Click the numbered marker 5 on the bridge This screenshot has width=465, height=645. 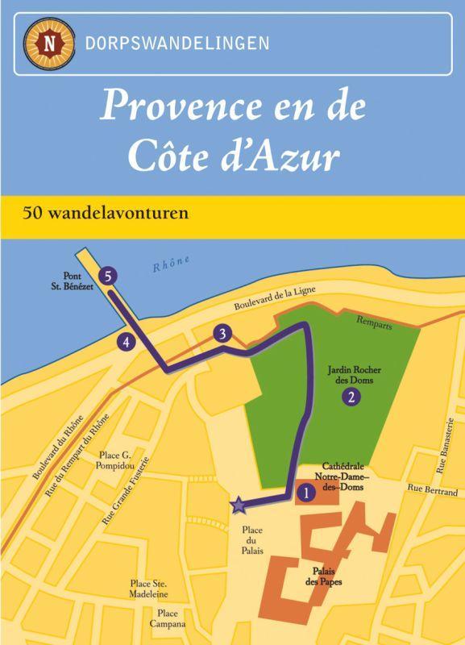coord(110,275)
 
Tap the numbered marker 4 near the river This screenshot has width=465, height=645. coord(126,342)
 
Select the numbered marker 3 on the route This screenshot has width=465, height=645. coord(223,333)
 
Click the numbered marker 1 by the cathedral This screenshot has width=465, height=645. coord(305,489)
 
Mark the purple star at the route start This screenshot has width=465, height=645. coord(239,506)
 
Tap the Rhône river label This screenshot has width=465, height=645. coord(171,264)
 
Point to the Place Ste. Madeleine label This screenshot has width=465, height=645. coord(152,588)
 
